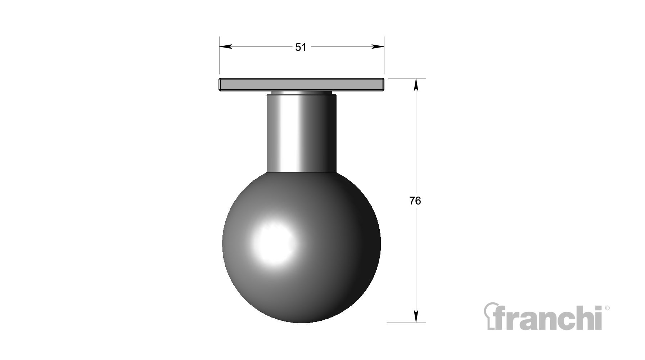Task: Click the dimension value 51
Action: [x=301, y=47]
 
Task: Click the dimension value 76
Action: [x=415, y=201]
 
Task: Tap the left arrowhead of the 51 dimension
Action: [x=225, y=46]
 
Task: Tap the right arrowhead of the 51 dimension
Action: [x=378, y=46]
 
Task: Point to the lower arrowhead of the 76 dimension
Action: [x=416, y=316]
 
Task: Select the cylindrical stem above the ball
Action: [x=302, y=133]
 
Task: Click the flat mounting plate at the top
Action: [x=302, y=84]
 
